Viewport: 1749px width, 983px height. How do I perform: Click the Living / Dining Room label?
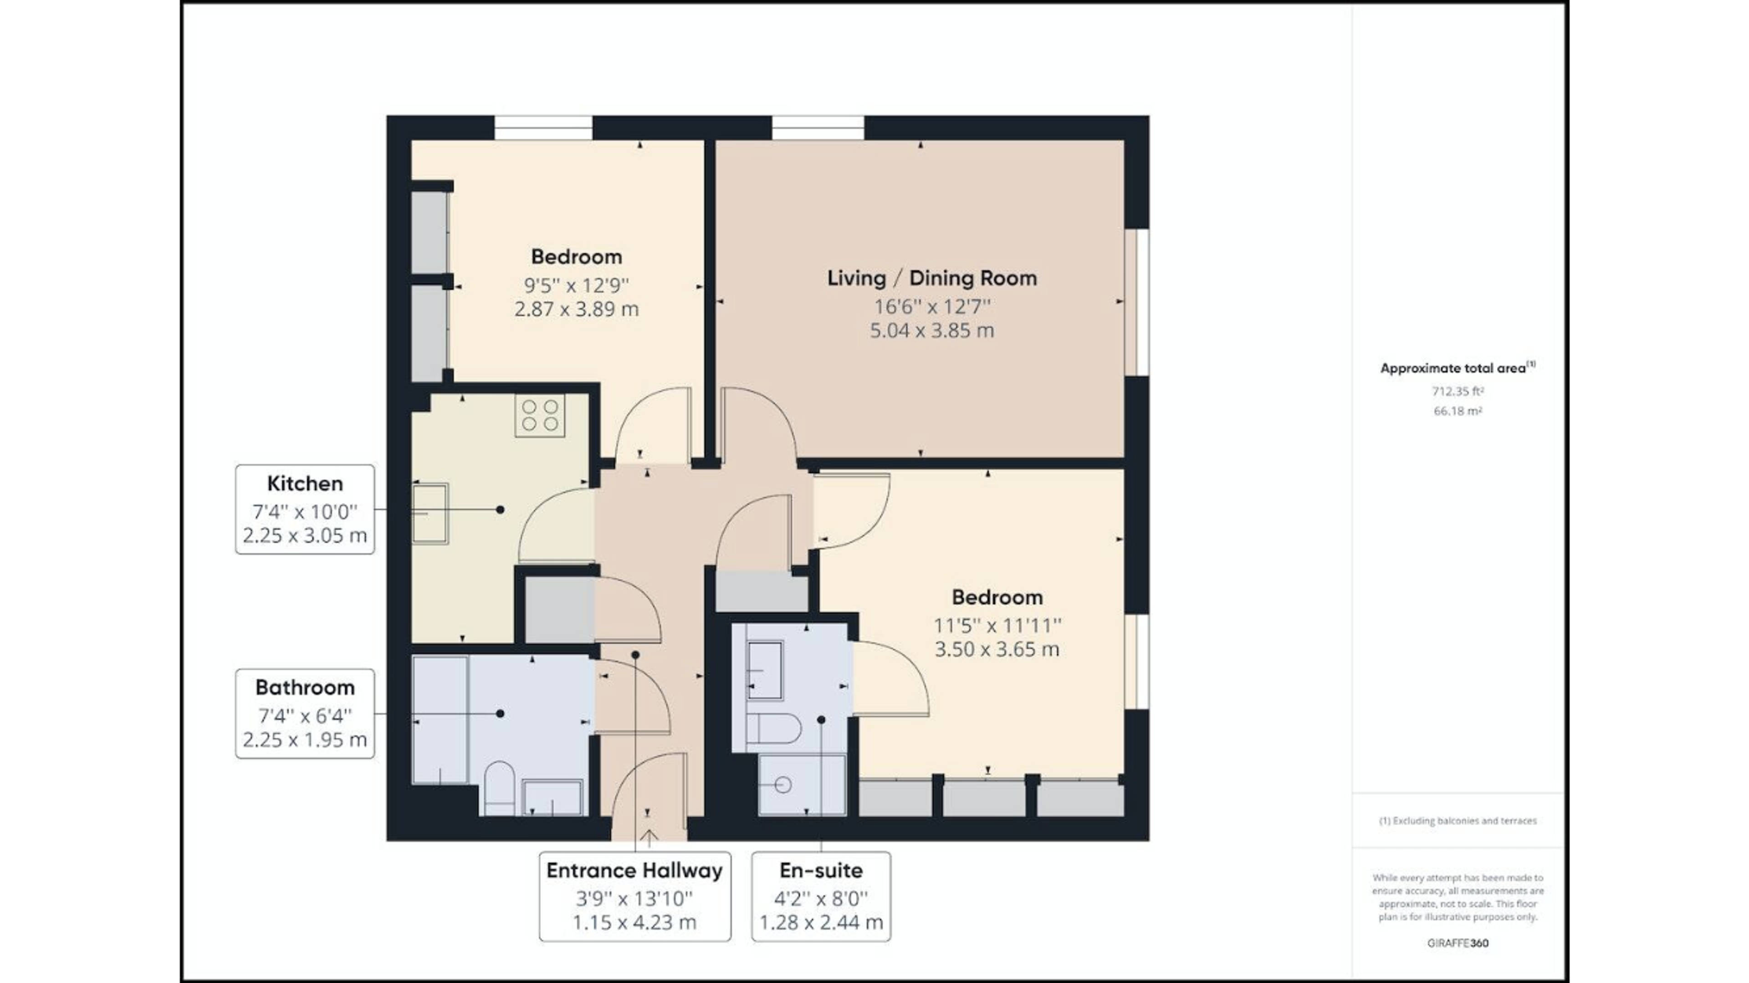[931, 278]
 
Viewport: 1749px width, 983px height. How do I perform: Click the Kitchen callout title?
[305, 484]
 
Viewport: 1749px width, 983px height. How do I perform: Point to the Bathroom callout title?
[305, 688]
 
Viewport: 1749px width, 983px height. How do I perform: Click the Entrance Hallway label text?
[634, 871]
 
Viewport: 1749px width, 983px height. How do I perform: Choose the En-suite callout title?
[821, 871]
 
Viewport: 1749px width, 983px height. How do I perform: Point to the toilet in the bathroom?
[499, 789]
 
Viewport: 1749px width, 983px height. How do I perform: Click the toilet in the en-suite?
[774, 728]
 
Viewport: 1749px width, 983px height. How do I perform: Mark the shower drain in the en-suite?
[783, 785]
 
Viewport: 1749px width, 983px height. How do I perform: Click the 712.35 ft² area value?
[1457, 391]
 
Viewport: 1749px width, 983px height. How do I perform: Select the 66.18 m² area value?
[1457, 411]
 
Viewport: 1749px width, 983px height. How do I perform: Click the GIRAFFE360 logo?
[1457, 943]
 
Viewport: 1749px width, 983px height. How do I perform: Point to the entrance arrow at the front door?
[649, 838]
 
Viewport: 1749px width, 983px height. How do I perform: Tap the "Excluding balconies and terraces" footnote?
[1457, 821]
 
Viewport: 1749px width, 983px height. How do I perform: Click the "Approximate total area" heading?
[1457, 368]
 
